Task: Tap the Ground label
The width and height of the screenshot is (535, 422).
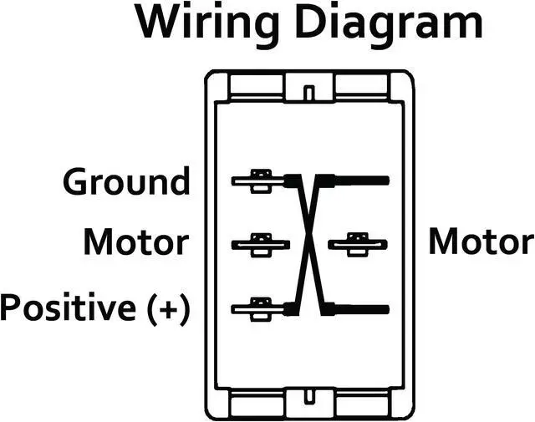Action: point(127,181)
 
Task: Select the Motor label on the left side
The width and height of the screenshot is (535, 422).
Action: point(135,243)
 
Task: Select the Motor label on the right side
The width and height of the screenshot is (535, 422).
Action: point(481,243)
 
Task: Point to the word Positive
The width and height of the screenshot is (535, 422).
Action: point(69,307)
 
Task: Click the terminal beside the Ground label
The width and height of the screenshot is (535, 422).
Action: point(259,180)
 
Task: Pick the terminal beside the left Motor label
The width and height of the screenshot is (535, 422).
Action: point(260,244)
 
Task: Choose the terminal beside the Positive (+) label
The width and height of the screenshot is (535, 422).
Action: point(259,308)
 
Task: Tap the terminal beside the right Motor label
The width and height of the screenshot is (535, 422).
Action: point(357,244)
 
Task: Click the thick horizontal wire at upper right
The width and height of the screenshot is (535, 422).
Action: point(359,180)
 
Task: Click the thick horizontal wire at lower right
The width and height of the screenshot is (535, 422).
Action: point(359,308)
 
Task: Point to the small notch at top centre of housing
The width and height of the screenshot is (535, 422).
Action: point(309,89)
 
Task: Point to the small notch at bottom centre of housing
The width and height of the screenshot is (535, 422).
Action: point(309,398)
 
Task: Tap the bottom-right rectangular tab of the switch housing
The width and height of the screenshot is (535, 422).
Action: point(361,404)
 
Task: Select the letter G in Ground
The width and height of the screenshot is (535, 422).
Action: point(77,181)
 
